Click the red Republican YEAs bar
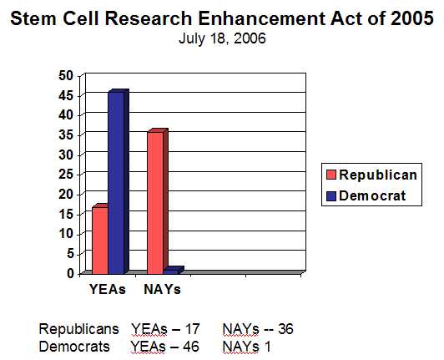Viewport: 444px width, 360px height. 99,240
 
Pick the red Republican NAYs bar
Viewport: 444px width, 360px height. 155,203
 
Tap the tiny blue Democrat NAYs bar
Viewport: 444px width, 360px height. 172,271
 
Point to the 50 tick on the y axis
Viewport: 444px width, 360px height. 66,75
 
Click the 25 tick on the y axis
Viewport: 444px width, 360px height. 66,174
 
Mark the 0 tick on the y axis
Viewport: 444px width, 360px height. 70,273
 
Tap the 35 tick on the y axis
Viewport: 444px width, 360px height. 66,134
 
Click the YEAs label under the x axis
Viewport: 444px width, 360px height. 108,290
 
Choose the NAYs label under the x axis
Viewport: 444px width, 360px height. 161,290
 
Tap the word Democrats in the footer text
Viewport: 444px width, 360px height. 74,344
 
